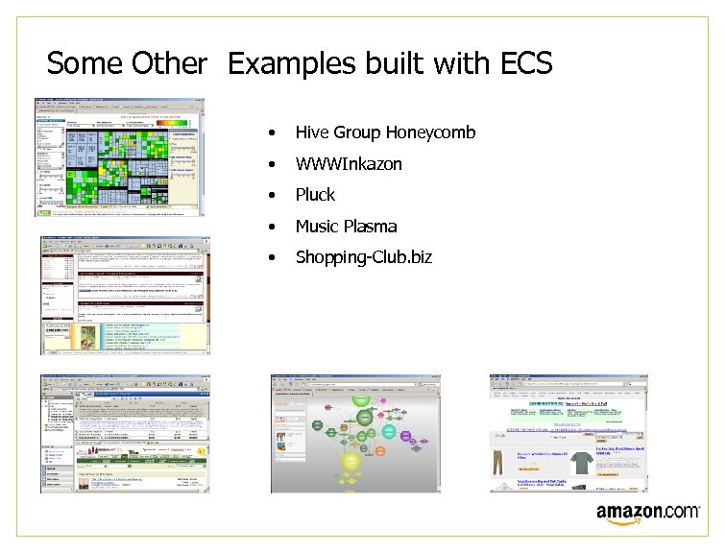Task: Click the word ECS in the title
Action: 526,64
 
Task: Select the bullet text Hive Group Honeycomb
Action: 385,132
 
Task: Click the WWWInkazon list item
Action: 349,164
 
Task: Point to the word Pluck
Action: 315,195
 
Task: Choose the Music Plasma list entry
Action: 346,227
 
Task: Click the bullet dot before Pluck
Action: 275,196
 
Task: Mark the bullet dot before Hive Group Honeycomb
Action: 275,133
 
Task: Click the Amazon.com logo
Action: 647,515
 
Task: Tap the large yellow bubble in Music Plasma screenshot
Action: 351,467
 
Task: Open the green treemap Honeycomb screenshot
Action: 120,156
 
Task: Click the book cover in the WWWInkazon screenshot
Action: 85,337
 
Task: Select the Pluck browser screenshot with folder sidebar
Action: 124,434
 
